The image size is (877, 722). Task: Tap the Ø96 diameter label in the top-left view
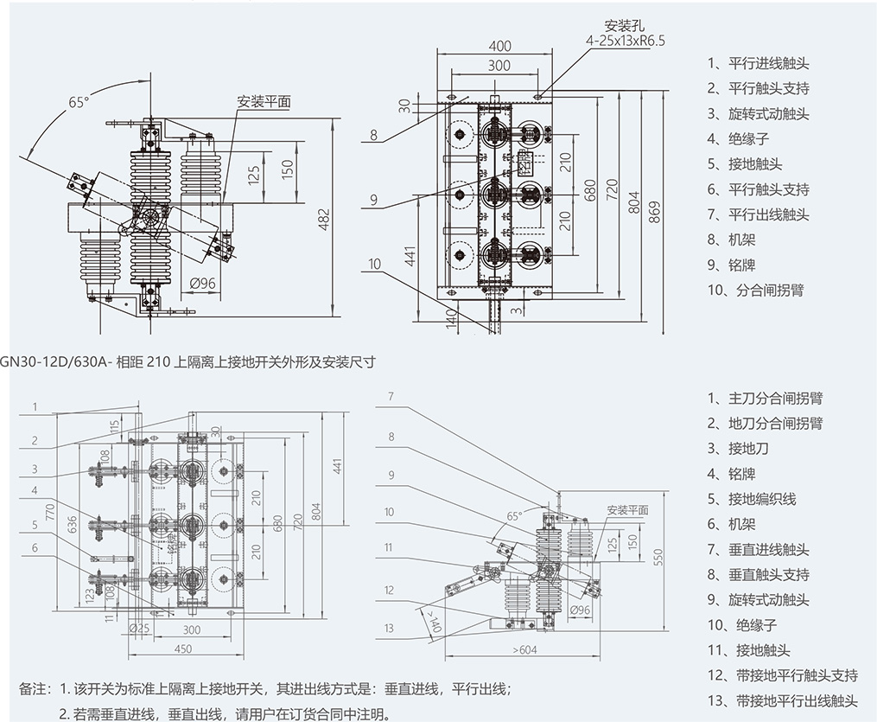click(202, 283)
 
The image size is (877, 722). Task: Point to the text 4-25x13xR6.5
click(626, 40)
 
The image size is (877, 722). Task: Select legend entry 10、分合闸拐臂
click(755, 290)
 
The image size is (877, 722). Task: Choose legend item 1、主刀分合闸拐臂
click(764, 399)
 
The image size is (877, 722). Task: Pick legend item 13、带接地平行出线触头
click(782, 700)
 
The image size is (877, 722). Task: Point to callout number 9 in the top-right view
click(373, 200)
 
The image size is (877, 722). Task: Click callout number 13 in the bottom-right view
click(390, 628)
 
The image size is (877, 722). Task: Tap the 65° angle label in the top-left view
click(79, 102)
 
